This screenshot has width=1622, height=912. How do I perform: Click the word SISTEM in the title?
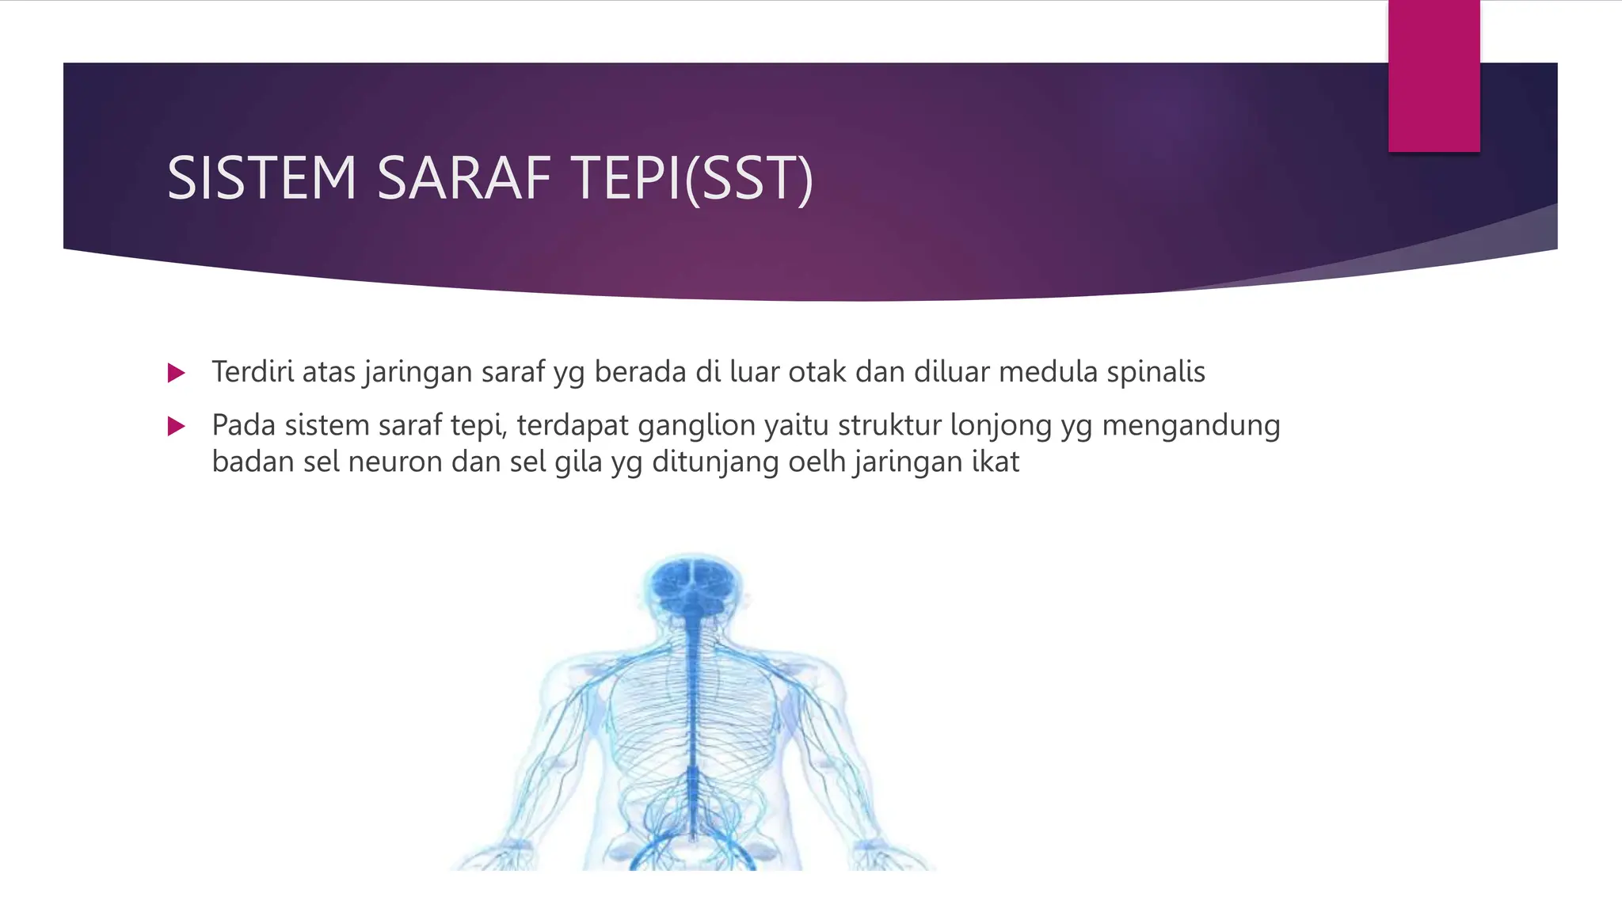(261, 178)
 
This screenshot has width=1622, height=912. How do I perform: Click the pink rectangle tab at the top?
(1434, 75)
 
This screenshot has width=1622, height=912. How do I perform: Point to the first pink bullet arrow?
(177, 373)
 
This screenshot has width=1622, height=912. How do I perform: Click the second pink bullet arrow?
(177, 427)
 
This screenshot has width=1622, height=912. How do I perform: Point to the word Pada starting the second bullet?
(243, 426)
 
